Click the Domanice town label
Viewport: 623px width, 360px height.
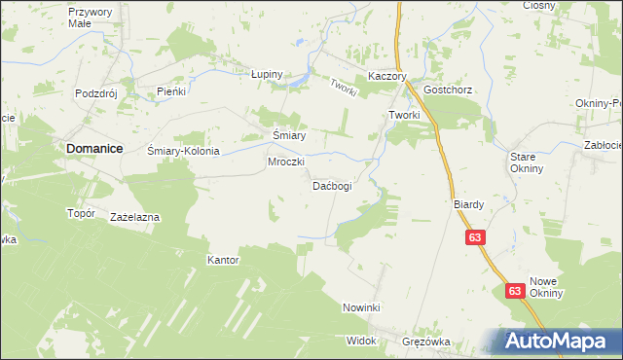95,148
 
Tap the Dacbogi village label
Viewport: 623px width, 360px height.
331,185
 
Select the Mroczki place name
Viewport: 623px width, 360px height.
286,162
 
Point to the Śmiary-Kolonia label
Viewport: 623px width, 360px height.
183,152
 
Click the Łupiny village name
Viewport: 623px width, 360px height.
266,74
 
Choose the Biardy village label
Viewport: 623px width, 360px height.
468,205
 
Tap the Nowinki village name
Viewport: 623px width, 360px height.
360,307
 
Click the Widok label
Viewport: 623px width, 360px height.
360,342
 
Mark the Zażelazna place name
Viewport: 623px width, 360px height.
135,217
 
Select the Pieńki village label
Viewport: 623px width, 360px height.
171,91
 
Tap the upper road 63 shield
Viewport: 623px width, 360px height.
475,237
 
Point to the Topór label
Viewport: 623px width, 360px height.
80,213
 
